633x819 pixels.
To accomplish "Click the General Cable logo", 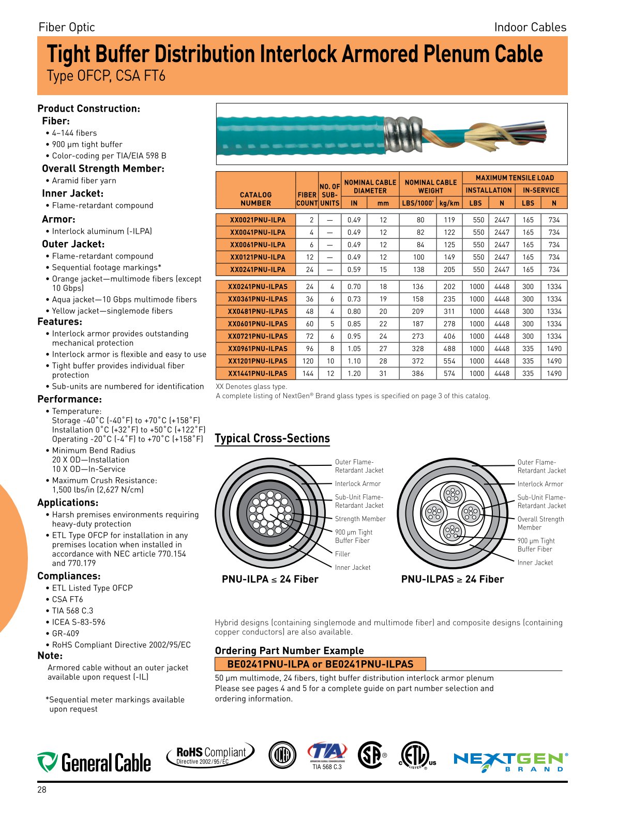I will [94, 762].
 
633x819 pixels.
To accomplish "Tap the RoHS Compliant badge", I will [210, 755].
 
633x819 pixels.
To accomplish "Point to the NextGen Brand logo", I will [510, 762].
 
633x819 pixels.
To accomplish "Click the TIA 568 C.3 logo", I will [327, 755].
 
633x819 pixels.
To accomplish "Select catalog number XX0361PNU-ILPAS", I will [258, 299].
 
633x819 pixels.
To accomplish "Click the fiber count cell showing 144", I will [308, 373].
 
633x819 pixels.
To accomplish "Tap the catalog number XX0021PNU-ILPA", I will [258, 220].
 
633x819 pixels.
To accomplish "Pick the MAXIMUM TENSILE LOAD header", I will [514, 177].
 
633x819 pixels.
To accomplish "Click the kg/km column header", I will [449, 203].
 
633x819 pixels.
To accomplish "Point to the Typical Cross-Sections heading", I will [272, 438].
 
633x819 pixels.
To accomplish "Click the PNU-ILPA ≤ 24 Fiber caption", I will [270, 579].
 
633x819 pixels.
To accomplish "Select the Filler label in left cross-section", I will [342, 554].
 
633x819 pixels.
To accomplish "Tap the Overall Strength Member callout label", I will [540, 523].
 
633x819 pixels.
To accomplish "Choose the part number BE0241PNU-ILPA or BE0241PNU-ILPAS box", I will [320, 664].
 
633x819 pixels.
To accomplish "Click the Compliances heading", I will [69, 576].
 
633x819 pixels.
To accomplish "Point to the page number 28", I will [42, 790].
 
